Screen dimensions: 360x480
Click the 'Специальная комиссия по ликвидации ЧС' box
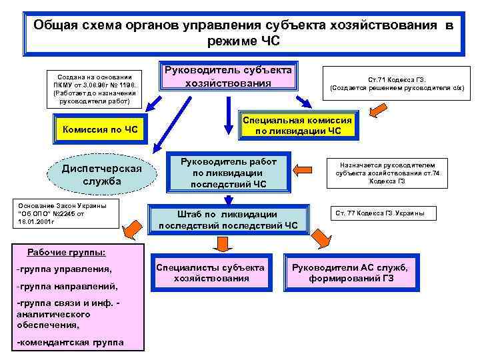point(297,124)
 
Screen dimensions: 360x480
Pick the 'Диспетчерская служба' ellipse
point(101,175)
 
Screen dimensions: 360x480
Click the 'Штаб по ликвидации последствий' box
point(228,219)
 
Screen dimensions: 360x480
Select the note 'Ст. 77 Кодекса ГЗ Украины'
point(385,214)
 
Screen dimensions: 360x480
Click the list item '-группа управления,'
point(64,269)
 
